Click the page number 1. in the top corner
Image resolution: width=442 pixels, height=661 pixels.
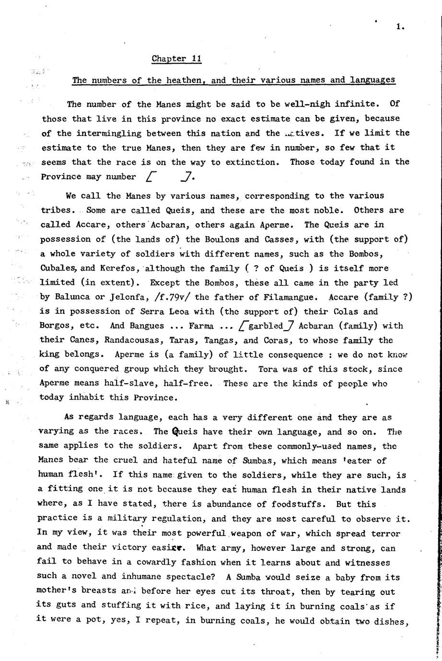tap(400, 27)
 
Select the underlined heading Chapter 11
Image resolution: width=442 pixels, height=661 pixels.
tap(176, 59)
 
